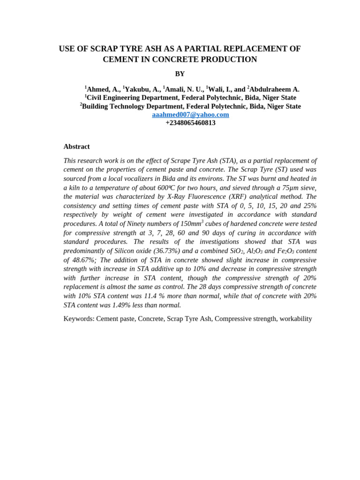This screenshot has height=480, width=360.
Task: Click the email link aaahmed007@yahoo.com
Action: (190, 114)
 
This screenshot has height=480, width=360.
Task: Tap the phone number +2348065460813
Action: (190, 123)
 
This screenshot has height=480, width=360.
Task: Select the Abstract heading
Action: (76, 146)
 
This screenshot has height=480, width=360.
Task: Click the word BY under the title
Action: (180, 74)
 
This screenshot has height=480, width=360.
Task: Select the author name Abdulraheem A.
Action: (274, 89)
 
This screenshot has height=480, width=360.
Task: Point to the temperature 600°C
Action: (166, 187)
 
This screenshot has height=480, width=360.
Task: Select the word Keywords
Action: (79, 319)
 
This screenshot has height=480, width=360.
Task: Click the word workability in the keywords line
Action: (295, 319)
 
